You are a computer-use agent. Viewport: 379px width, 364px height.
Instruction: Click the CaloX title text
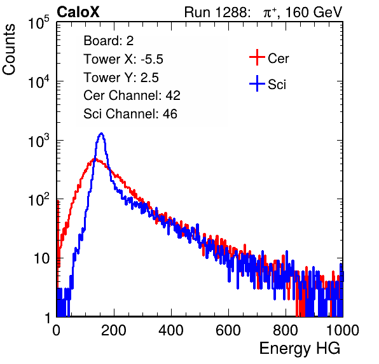78,12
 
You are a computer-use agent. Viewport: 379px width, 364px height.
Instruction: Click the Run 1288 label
217,12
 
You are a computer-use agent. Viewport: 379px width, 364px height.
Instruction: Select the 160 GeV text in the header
314,12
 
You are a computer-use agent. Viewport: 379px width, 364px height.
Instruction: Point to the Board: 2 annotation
109,41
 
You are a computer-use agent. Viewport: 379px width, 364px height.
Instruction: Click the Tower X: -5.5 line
123,59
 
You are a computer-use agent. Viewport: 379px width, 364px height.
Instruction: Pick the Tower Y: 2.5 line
121,78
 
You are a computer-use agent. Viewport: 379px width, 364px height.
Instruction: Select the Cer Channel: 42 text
132,95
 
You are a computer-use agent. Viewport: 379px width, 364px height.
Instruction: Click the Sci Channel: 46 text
130,114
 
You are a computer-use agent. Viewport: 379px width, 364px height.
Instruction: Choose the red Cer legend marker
257,57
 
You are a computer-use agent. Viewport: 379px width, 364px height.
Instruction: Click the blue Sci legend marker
257,84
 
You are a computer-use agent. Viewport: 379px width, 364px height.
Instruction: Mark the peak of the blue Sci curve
102,133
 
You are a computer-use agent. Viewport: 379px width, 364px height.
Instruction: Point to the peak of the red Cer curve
95,159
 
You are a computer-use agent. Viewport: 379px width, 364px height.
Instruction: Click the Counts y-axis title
9,50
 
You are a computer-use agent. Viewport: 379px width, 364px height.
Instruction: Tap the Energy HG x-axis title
300,349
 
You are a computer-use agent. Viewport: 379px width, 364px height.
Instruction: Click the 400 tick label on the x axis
171,330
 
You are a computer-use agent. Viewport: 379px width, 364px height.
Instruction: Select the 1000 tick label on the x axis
343,330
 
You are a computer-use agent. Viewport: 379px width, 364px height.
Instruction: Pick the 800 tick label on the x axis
286,330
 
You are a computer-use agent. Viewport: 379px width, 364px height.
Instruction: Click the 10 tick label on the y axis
42,258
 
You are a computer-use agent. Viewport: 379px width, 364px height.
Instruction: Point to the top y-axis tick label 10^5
39,23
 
